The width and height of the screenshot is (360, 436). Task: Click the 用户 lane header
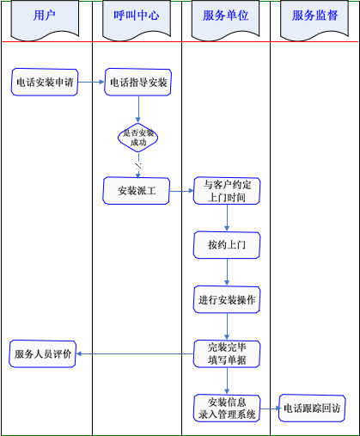point(45,20)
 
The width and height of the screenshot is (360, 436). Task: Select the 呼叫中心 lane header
point(137,20)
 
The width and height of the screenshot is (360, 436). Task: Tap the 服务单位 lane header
point(226,20)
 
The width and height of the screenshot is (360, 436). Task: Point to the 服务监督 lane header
point(314,20)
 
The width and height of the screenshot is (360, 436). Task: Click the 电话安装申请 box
point(45,82)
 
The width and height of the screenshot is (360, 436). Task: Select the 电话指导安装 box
point(138,82)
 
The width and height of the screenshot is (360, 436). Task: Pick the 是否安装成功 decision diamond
point(138,138)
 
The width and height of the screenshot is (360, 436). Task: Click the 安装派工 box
point(137,191)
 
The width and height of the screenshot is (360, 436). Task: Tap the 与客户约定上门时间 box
point(227,191)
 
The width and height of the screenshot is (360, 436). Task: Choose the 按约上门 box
point(227,245)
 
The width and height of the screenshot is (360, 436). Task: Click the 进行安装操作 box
point(227,299)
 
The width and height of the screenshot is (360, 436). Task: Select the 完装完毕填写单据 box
point(227,353)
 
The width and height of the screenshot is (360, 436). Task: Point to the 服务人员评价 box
point(42,353)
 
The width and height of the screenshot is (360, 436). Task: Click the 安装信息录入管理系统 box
point(227,408)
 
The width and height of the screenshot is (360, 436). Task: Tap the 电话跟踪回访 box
point(312,408)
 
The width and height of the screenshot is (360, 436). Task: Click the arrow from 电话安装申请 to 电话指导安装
point(91,82)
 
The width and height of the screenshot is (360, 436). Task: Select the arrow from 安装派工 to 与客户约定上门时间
point(181,191)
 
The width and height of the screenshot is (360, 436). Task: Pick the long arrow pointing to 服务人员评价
point(135,354)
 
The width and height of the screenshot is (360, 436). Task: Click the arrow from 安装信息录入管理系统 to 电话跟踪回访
point(270,408)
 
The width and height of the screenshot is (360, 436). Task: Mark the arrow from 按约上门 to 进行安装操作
point(227,273)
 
